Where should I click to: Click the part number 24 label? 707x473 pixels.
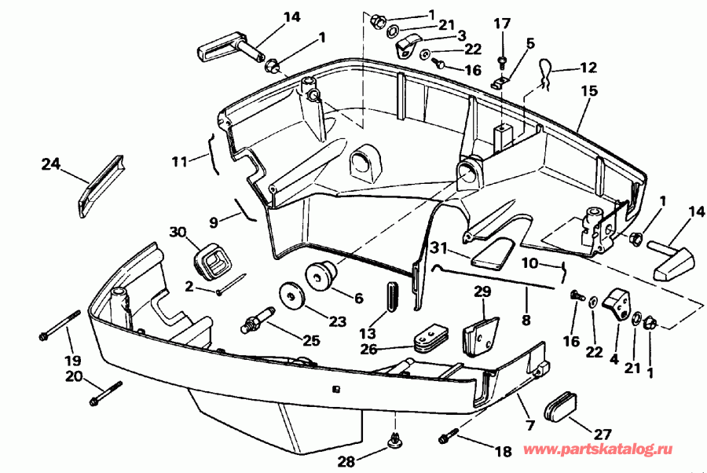[50, 164]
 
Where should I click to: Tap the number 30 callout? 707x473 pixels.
[178, 233]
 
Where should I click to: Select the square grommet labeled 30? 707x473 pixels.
[211, 260]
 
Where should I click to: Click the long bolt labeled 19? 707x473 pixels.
[60, 324]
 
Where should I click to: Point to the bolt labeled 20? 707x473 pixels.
[106, 394]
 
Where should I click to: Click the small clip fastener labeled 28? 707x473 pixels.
[395, 439]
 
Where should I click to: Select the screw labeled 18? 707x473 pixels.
[449, 435]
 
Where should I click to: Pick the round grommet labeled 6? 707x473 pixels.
[321, 275]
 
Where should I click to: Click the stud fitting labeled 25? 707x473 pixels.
[258, 320]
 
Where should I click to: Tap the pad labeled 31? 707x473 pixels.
[493, 254]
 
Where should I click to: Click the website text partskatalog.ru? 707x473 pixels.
[598, 449]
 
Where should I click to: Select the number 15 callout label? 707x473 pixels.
[589, 91]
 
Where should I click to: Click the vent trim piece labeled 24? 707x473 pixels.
[101, 187]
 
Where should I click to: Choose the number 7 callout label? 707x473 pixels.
[531, 425]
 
